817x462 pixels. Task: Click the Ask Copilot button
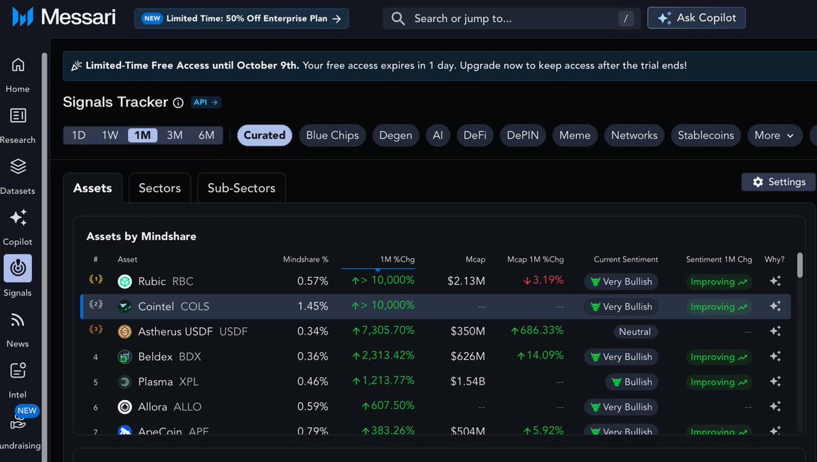click(x=696, y=18)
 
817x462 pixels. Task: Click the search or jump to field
click(x=511, y=18)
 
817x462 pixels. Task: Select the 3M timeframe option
click(x=175, y=135)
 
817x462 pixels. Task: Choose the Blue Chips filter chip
click(x=332, y=135)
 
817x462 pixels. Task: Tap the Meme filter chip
click(x=575, y=135)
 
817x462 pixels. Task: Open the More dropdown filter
click(x=774, y=135)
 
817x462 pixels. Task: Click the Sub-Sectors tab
click(x=241, y=188)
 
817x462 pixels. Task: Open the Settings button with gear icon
click(x=778, y=182)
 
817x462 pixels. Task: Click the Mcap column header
click(x=475, y=259)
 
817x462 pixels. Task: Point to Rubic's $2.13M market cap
click(x=466, y=282)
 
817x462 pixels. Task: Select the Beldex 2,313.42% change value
click(x=385, y=357)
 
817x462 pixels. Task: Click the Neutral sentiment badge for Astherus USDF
click(x=635, y=332)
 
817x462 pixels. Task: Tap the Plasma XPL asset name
click(x=168, y=382)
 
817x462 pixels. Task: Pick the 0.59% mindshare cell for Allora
click(x=313, y=407)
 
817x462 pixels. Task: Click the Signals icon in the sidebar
click(x=18, y=269)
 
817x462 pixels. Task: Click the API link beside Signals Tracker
click(x=206, y=102)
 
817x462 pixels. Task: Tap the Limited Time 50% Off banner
click(x=241, y=18)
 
